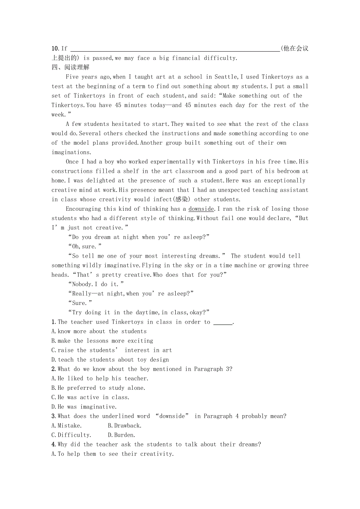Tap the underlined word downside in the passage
201,209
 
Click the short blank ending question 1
223,323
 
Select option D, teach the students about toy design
110,360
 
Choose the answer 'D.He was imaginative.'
84,407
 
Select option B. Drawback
125,425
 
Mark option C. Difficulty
71,435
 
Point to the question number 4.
54,444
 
